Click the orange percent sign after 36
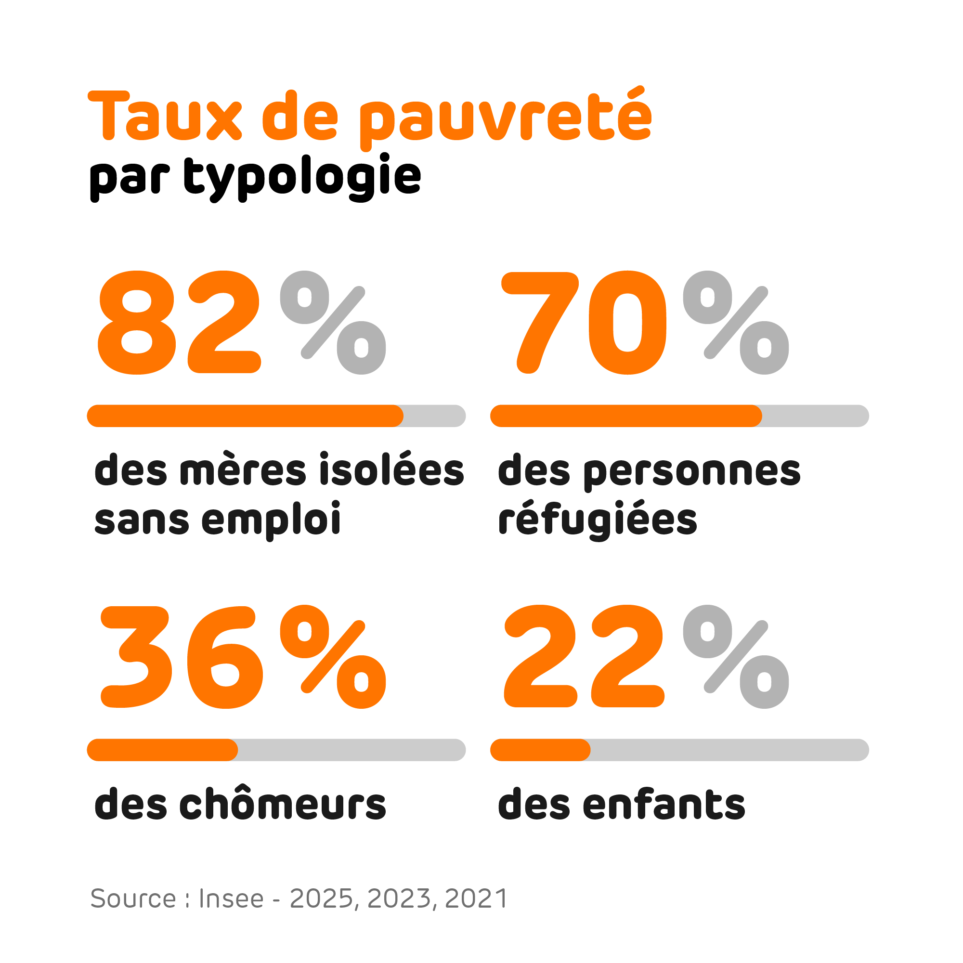point(333,656)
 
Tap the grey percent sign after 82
point(333,323)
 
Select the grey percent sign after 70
point(736,323)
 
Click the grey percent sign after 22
point(736,656)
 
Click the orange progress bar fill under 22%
point(540,750)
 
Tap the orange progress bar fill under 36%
point(162,750)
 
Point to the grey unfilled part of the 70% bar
point(815,416)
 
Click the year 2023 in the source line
point(399,898)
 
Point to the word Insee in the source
point(231,898)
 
